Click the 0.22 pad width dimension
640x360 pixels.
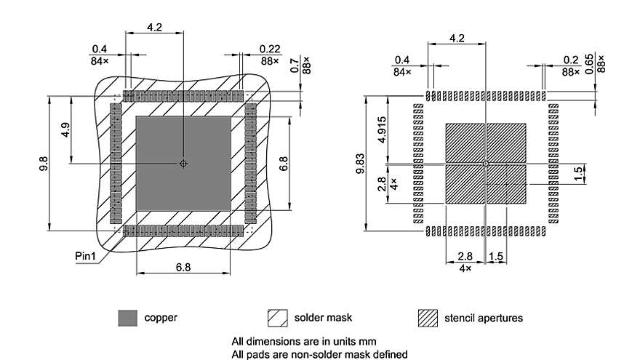pos(270,49)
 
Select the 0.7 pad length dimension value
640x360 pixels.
pos(295,65)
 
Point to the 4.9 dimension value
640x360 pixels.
pos(65,130)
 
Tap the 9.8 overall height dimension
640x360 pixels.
pos(44,164)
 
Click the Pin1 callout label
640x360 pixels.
pos(85,256)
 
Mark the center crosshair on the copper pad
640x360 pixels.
pos(183,164)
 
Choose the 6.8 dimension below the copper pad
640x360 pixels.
pos(183,268)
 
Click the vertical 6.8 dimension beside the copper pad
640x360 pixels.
pos(284,163)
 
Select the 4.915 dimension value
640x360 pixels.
pos(382,129)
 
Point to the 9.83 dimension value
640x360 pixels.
pos(360,163)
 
